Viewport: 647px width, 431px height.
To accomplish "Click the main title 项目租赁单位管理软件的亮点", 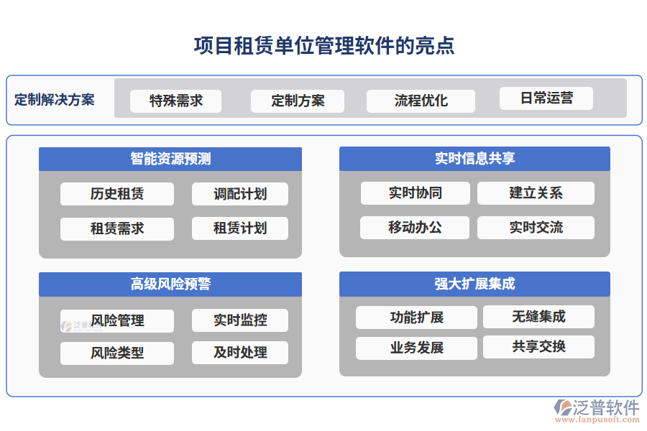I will pos(323,46).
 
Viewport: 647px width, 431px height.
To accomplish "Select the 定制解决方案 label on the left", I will pos(55,99).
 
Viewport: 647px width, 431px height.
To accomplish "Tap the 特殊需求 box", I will pos(175,101).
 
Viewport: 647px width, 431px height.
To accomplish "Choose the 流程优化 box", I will pos(421,101).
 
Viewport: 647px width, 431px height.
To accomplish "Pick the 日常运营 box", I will pos(546,98).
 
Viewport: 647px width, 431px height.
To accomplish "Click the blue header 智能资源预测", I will pos(170,159).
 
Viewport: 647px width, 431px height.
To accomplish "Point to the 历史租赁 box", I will pos(117,194).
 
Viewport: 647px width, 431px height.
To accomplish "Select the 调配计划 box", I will pos(240,194).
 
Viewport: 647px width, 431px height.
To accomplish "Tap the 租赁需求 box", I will pos(117,228).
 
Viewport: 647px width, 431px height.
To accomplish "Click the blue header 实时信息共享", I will pos(474,159).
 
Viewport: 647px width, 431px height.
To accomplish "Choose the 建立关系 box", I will pos(536,193).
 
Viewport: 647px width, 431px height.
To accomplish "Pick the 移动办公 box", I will pos(415,228).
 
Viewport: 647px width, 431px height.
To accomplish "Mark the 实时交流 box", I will pos(536,228).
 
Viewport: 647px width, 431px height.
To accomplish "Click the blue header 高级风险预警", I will pos(170,284).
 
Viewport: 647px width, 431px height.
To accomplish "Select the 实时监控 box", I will pos(240,320).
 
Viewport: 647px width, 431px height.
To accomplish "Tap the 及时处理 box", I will pos(240,353).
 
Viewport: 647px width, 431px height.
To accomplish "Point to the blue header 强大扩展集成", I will pos(474,284).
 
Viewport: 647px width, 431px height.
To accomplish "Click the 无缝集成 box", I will pos(538,317).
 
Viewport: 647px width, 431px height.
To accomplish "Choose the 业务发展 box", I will pos(416,348).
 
